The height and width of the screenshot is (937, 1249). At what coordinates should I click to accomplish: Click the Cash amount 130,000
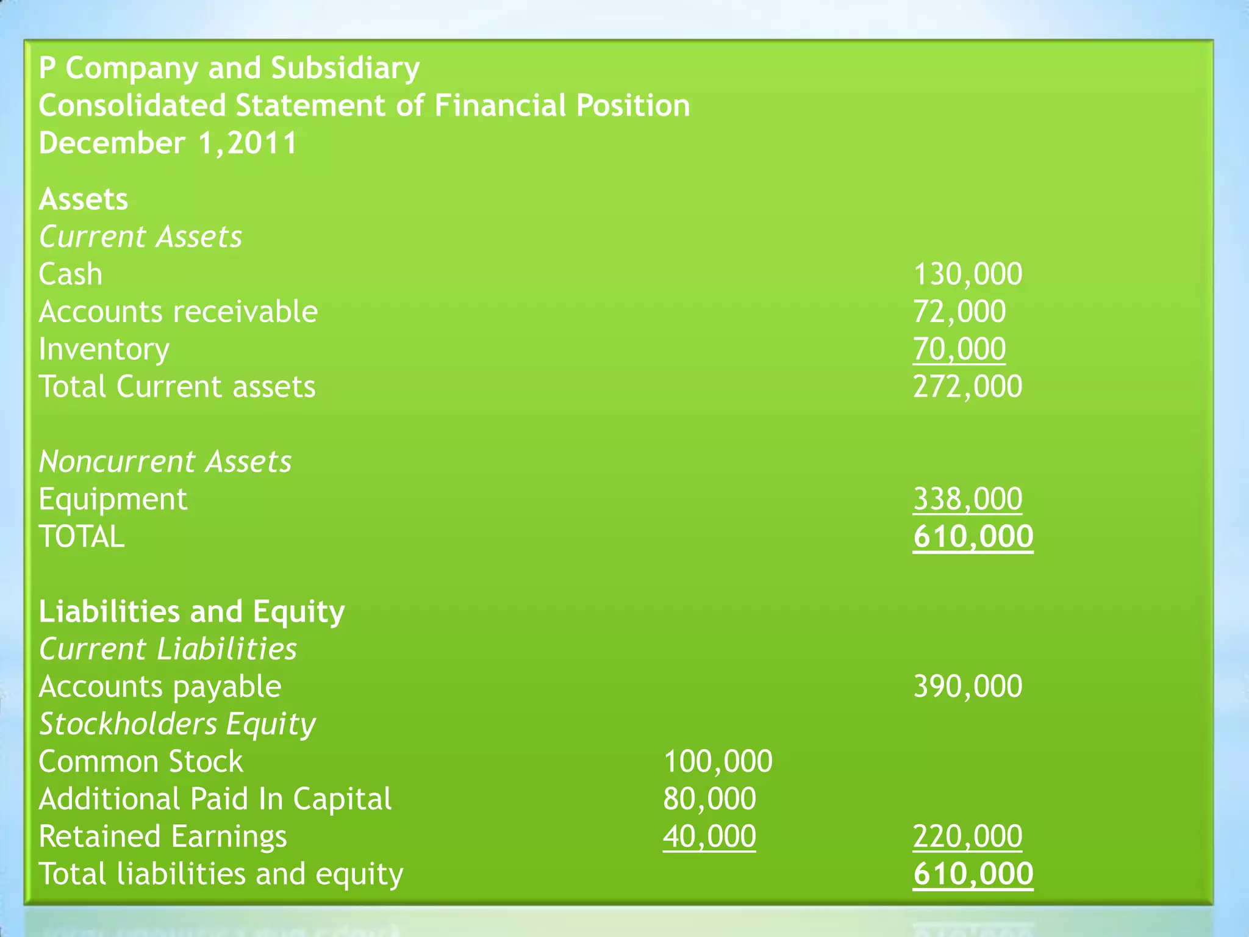pos(967,275)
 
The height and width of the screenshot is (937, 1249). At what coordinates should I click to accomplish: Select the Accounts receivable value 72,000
pos(959,312)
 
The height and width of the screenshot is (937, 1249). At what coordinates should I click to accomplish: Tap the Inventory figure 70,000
pos(959,349)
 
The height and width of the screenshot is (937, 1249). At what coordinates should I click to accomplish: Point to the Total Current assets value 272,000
pos(967,387)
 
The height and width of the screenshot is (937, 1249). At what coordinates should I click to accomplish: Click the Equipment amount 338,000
pos(967,499)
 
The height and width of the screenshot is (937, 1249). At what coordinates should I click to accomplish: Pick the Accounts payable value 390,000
pos(967,686)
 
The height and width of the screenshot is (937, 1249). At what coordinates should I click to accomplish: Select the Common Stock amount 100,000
pos(717,761)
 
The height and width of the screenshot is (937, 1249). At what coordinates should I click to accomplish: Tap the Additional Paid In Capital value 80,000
pos(709,799)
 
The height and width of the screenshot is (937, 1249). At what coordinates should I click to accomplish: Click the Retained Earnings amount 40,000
pos(709,836)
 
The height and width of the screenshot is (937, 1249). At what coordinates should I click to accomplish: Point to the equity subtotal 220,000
pos(967,836)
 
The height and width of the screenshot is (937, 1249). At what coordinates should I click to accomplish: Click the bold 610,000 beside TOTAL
pos(973,537)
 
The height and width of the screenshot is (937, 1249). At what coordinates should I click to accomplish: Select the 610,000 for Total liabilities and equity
pos(973,874)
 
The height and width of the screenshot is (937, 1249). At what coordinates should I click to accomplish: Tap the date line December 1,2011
pos(168,143)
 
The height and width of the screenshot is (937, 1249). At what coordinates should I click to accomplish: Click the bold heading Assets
pos(84,199)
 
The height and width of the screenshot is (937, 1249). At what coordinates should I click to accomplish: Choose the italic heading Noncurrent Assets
pos(165,462)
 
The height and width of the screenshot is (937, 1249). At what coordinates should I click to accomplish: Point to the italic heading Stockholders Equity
pos(177,724)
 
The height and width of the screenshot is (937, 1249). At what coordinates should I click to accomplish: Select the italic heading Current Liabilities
pos(168,649)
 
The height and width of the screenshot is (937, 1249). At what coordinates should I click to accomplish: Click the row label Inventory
pos(104,350)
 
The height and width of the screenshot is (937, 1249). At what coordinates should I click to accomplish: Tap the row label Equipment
pos(113,500)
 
